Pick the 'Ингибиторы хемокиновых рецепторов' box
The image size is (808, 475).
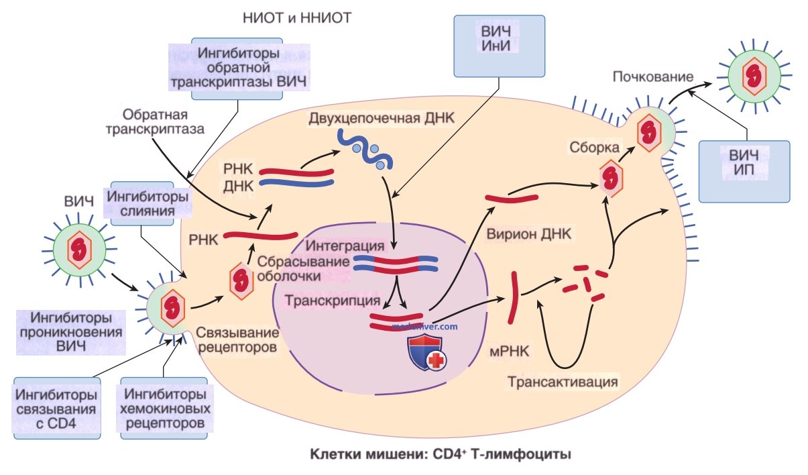pos(164,409)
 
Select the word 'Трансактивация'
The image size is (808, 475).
pos(562,382)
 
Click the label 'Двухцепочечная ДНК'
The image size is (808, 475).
pos(382,119)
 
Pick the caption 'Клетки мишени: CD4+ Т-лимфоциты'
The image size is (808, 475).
pos(440,455)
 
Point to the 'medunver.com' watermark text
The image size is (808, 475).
pos(424,326)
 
